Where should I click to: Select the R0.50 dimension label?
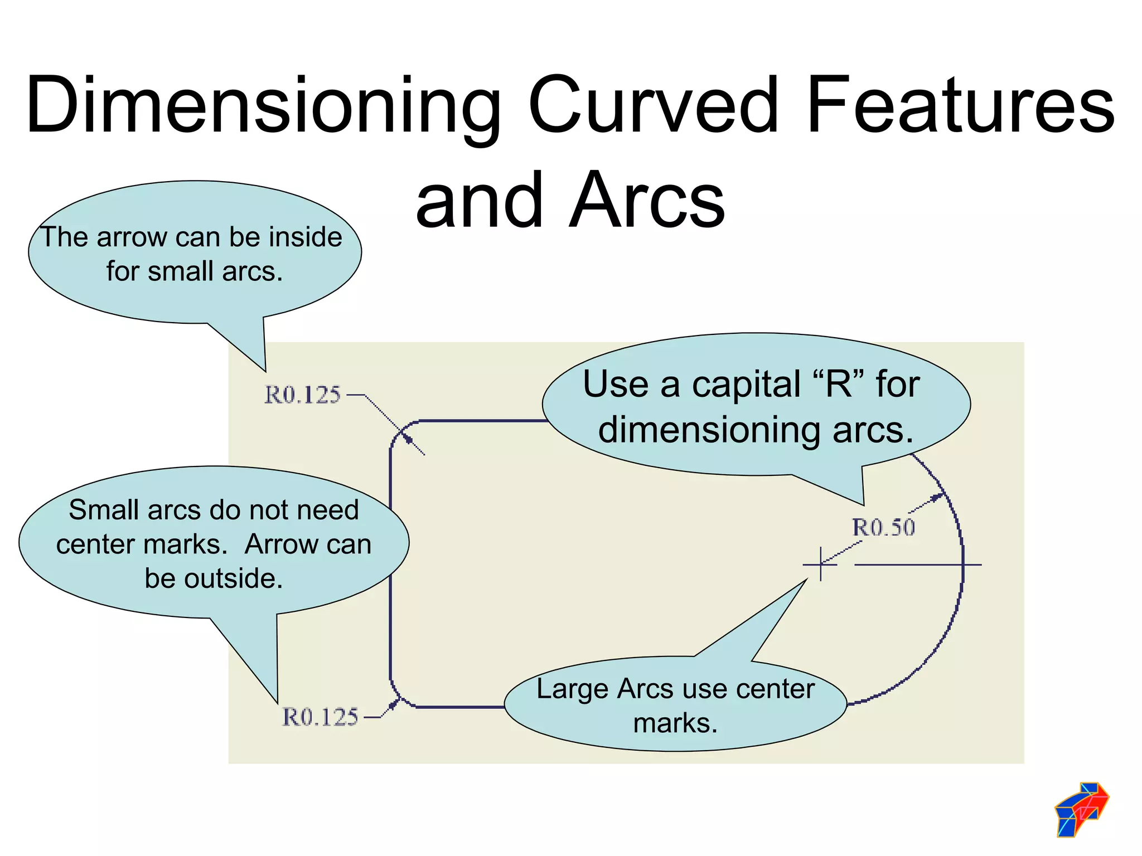(x=883, y=527)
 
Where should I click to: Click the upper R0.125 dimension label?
(x=302, y=395)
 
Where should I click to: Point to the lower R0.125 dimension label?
(x=320, y=717)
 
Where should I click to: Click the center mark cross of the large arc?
(x=821, y=565)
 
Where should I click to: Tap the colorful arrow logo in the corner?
(x=1081, y=809)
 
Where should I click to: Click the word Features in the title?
(x=960, y=106)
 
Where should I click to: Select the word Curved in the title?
(x=652, y=106)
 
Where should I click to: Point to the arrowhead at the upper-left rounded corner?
(x=408, y=439)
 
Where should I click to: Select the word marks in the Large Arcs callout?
(x=675, y=723)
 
